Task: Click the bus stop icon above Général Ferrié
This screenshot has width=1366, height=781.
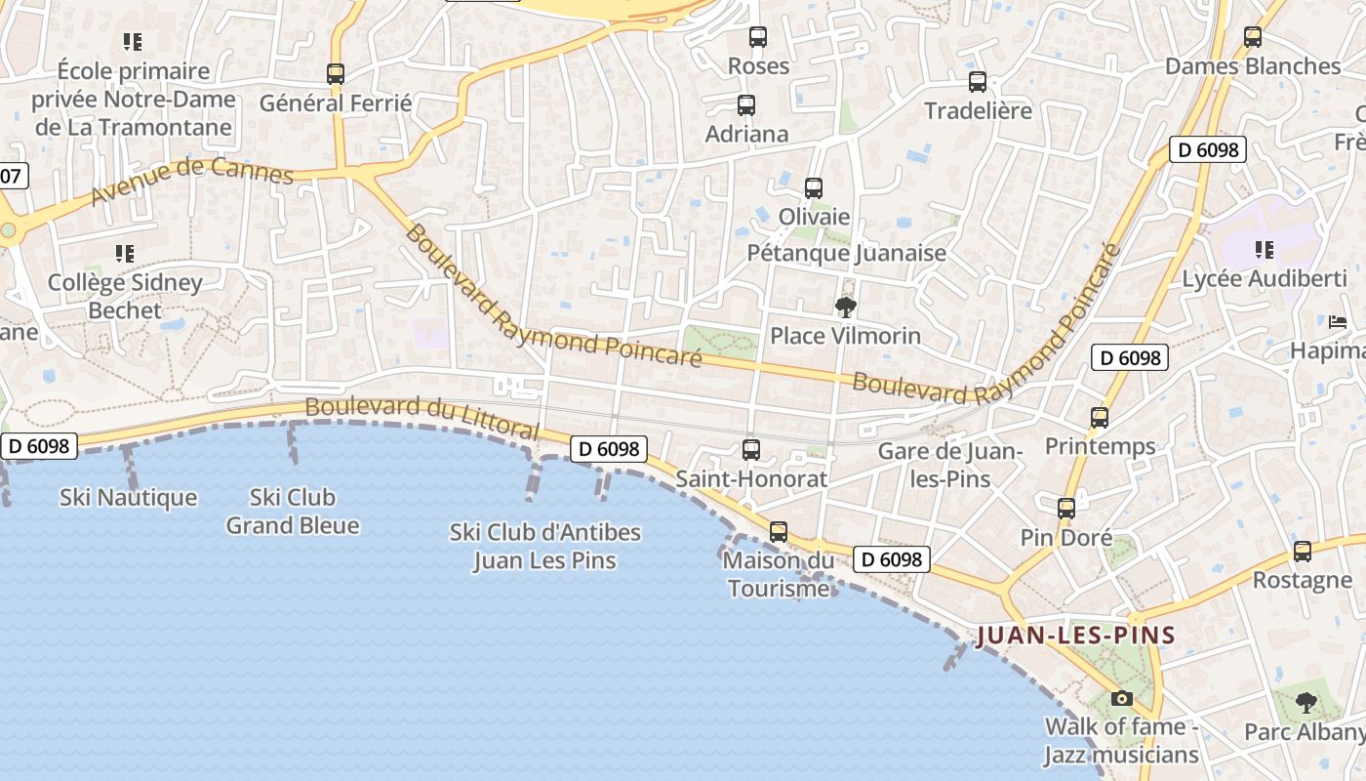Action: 335,73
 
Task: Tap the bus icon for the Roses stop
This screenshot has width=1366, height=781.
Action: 758,37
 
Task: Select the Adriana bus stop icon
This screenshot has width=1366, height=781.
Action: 746,105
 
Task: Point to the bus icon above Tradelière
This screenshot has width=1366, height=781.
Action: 977,82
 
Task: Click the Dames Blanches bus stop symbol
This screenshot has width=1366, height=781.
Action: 1253,37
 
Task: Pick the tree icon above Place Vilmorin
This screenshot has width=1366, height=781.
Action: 845,308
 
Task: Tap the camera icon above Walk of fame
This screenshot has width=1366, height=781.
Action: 1121,698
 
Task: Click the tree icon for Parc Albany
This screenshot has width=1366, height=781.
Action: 1306,702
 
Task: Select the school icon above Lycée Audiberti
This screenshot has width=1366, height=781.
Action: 1265,250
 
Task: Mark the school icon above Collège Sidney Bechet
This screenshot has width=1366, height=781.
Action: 125,254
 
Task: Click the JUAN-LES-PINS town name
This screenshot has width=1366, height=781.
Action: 1075,636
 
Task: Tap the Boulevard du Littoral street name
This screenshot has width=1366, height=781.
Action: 422,417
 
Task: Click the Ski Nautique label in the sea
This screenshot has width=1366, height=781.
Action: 128,498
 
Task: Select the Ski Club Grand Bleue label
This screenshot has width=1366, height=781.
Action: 293,512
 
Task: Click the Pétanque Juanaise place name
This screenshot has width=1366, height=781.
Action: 846,253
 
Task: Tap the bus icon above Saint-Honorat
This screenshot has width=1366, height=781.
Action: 750,450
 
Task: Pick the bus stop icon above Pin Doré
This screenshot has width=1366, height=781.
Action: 1065,509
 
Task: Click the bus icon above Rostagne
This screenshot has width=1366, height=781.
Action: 1302,552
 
